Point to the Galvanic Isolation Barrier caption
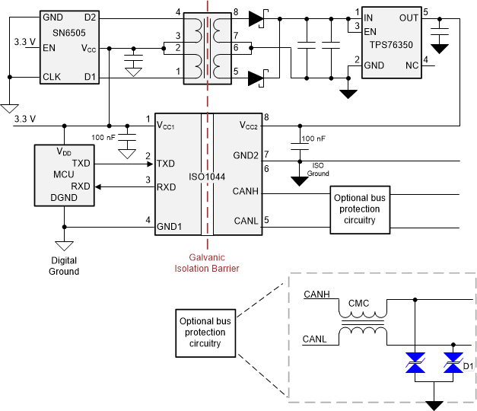207,263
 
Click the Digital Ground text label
64,266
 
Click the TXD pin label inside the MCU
81,163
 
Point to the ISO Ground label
318,168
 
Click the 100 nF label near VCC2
313,139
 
